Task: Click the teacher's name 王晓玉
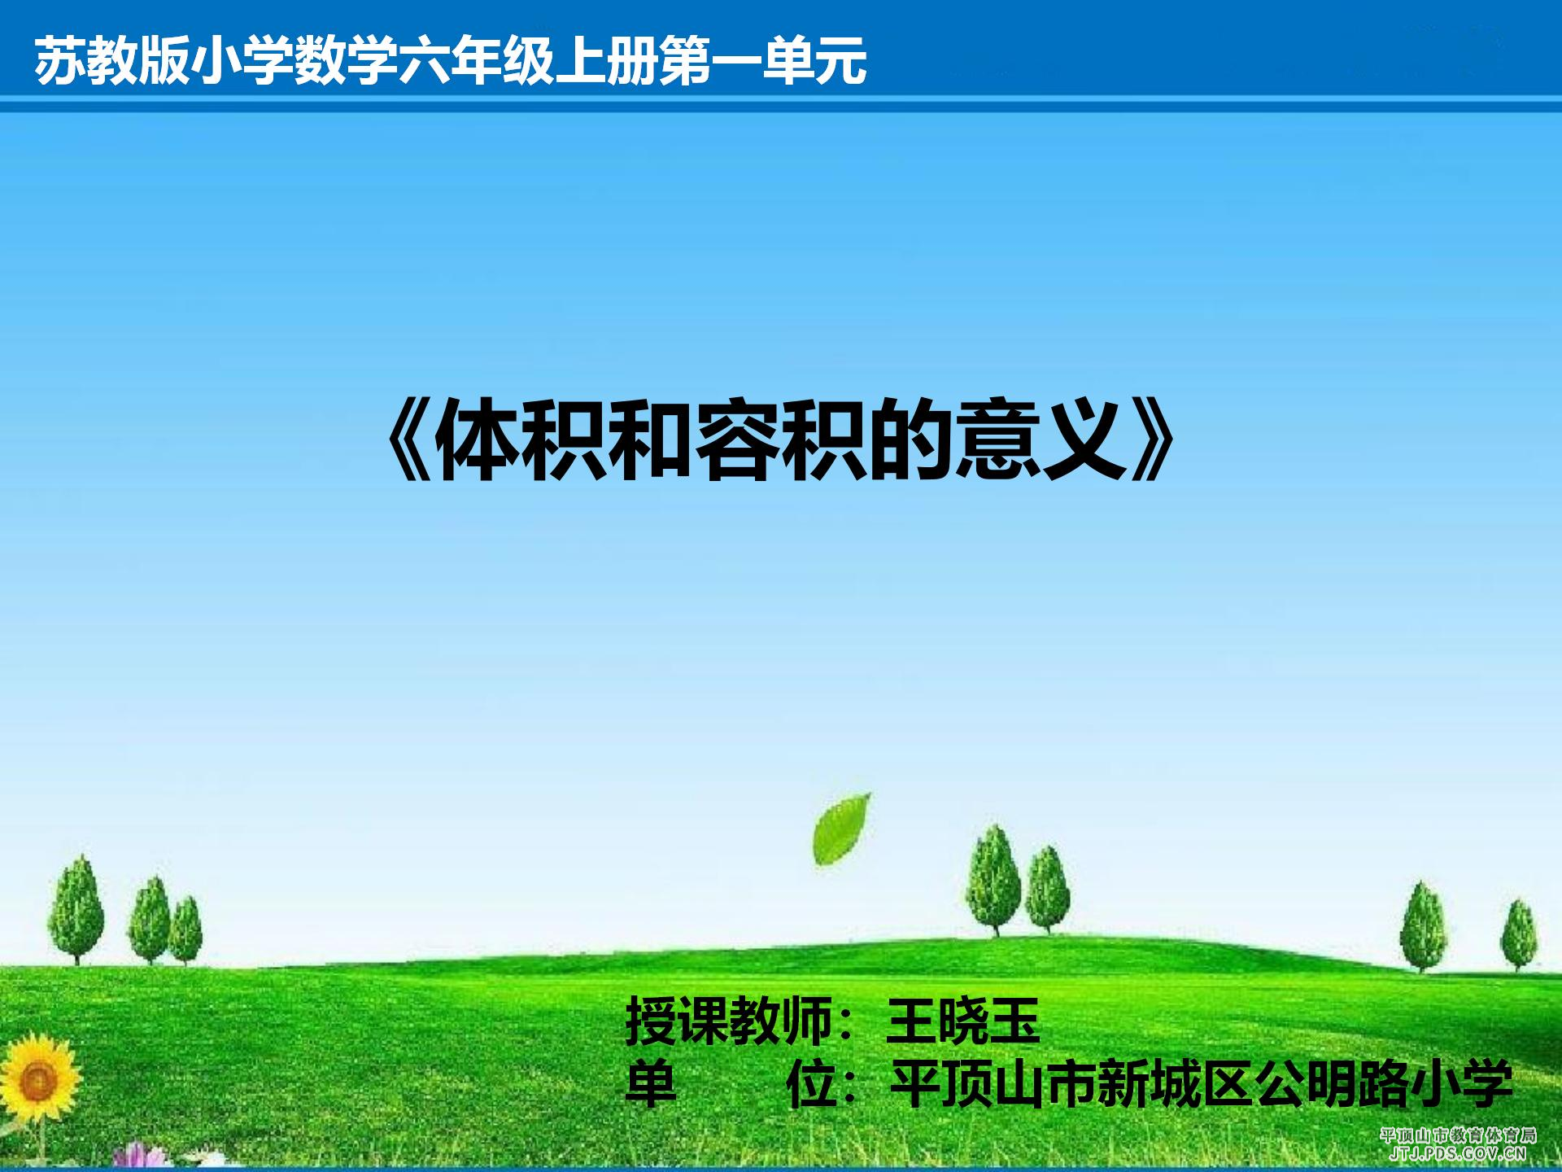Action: pos(963,1022)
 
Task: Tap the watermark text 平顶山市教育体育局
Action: pos(1458,1135)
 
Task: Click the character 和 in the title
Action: pos(651,442)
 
